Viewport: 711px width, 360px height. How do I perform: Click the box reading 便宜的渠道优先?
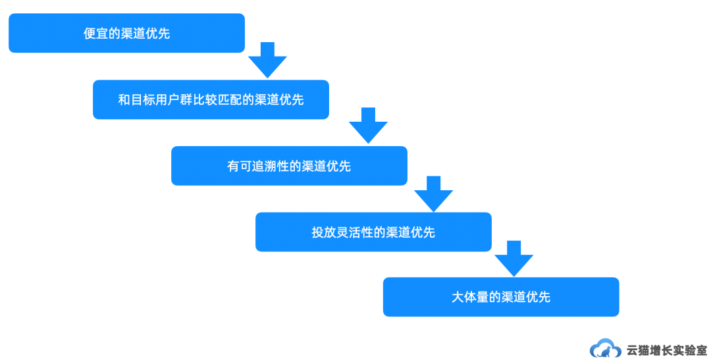coord(126,33)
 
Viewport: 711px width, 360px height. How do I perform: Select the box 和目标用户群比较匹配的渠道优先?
coord(211,99)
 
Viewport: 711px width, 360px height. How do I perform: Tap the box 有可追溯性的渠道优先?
coord(289,166)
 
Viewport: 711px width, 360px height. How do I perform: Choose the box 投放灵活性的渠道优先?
coord(373,232)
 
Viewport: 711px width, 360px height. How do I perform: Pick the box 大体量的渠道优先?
coord(501,297)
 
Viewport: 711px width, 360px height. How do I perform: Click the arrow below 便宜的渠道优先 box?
coord(267,60)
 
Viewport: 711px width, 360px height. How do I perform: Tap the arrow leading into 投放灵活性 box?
coord(433,193)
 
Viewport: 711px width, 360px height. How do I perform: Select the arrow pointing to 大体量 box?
coord(513,258)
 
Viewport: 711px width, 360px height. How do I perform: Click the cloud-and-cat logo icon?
coord(605,349)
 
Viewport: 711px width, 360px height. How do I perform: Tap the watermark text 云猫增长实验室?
coord(667,349)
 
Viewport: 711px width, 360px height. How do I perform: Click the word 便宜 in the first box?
coord(96,34)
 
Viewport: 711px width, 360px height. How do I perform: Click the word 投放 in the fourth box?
coord(324,232)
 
